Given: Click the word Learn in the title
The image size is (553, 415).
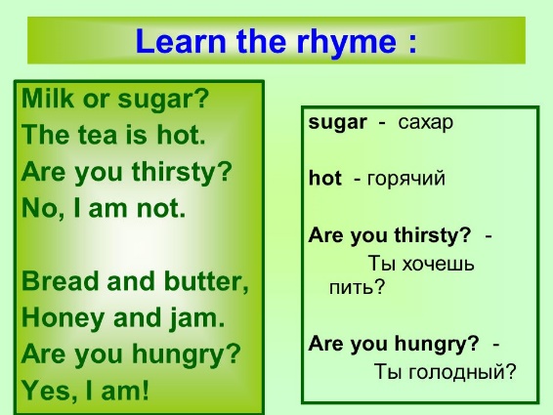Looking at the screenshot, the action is click(181, 41).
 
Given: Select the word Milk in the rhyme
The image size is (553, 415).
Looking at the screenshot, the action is click(47, 98).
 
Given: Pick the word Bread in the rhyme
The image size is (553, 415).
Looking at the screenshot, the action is click(61, 281).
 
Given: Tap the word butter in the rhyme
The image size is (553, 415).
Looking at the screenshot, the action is click(207, 282).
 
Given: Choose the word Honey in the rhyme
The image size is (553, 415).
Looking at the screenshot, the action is click(63, 319).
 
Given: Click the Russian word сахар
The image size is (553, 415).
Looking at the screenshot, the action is click(425, 123).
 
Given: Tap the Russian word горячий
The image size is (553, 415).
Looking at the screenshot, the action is click(405, 179).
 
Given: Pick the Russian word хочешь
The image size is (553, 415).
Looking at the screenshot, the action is click(439, 264).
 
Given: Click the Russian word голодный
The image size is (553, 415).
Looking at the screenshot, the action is click(445, 372).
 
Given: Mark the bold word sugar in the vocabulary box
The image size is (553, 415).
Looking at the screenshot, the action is click(337, 123).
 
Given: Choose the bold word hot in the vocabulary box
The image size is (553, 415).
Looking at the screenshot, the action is click(324, 179).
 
